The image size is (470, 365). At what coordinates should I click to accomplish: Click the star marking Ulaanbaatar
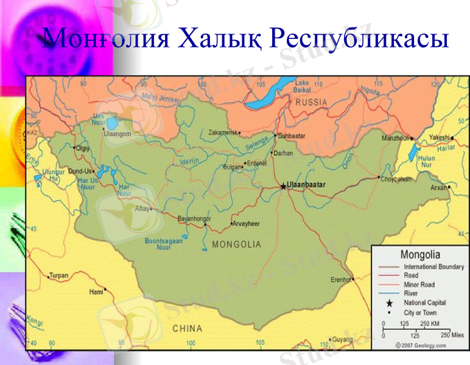[283, 186]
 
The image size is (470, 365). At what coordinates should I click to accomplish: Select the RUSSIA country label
[311, 103]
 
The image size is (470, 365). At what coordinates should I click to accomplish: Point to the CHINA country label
[187, 328]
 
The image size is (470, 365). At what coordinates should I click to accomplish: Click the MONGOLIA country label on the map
[236, 245]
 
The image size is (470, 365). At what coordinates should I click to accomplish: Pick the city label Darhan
[284, 153]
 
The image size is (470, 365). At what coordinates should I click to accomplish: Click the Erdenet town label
[256, 163]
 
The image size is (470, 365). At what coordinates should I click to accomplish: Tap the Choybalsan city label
[397, 179]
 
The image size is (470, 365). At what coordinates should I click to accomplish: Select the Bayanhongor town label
[194, 218]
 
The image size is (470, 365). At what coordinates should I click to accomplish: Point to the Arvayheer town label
[247, 224]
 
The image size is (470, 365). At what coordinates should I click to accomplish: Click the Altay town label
[141, 208]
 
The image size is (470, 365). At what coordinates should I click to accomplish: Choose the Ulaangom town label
[117, 134]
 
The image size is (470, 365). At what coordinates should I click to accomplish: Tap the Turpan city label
[59, 275]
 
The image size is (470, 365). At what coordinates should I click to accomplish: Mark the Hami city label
[96, 292]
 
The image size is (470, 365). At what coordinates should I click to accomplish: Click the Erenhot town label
[341, 280]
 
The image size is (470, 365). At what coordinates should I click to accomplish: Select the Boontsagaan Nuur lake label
[163, 245]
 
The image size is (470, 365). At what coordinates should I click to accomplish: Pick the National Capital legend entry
[424, 302]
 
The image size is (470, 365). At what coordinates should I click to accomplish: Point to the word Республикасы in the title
[360, 39]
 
